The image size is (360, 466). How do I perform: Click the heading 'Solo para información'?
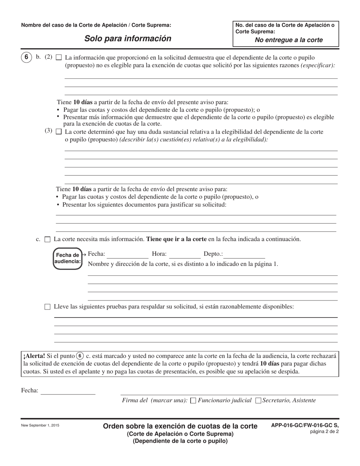[127, 38]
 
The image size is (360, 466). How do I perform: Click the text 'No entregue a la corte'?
[289, 40]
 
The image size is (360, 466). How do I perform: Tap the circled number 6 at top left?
[26, 58]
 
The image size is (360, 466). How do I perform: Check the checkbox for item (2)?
[59, 58]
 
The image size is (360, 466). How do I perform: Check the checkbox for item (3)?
[59, 132]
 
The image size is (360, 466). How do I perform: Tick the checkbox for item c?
[47, 239]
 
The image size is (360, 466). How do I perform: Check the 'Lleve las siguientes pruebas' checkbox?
[47, 307]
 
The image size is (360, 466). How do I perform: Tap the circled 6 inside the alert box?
[80, 356]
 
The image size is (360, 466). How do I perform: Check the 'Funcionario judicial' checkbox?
[193, 400]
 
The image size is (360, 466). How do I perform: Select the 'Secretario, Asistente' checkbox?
[258, 400]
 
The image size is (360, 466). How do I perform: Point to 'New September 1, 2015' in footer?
[40, 425]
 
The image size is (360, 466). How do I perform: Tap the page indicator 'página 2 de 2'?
[324, 432]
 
